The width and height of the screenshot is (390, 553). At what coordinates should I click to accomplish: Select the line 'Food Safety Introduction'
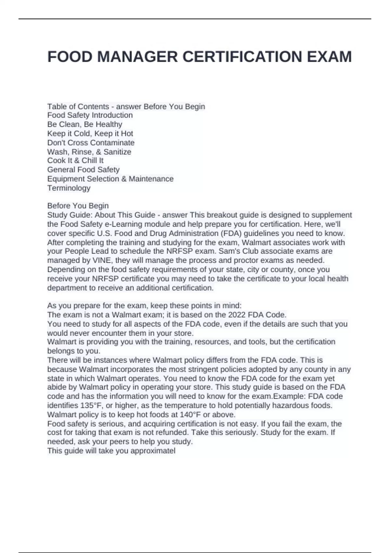click(90, 115)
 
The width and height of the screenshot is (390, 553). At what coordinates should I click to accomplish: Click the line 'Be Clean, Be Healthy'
click(85, 124)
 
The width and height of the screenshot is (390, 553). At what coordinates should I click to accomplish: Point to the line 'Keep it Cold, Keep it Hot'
click(90, 133)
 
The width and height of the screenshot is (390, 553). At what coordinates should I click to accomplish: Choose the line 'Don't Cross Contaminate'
click(91, 142)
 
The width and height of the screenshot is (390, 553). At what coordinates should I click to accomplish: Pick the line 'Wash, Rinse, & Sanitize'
click(89, 152)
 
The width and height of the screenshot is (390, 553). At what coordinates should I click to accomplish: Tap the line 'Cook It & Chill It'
click(75, 160)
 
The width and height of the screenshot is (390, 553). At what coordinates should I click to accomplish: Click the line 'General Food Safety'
click(84, 169)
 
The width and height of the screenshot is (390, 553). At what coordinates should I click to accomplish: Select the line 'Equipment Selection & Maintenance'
click(110, 179)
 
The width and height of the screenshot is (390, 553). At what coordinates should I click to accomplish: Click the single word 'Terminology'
click(69, 188)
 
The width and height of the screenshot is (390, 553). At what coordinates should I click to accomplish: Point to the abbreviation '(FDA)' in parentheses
click(230, 233)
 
